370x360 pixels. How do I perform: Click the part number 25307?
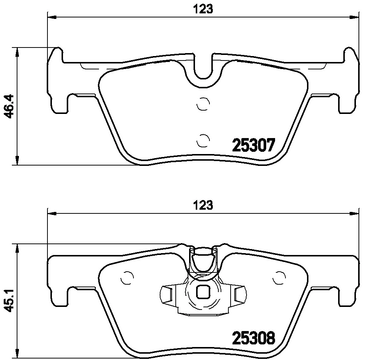pos(254,145)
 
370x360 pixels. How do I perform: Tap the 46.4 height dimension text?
pos(10,106)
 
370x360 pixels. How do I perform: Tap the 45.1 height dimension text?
pos(10,300)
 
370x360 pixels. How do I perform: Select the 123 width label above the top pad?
pos(203,9)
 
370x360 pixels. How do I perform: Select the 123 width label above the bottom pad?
pos(203,205)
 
